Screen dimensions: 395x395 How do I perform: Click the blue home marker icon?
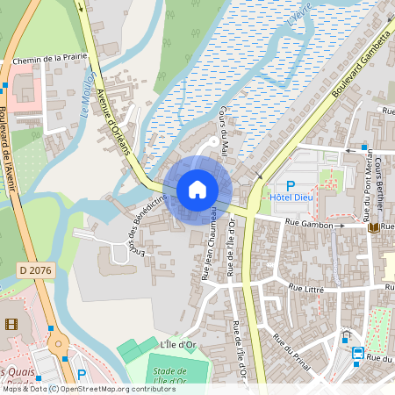pos(197,190)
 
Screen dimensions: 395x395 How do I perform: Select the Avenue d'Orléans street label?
pos(112,122)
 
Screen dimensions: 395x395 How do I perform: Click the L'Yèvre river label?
pos(299,22)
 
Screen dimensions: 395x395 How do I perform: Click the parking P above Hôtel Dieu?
pos(291,185)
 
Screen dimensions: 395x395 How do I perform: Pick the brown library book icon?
pos(374,227)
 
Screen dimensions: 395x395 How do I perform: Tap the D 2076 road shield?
pos(35,271)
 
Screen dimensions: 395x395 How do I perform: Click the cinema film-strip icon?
pos(10,324)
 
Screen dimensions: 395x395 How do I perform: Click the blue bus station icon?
pos(358,354)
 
